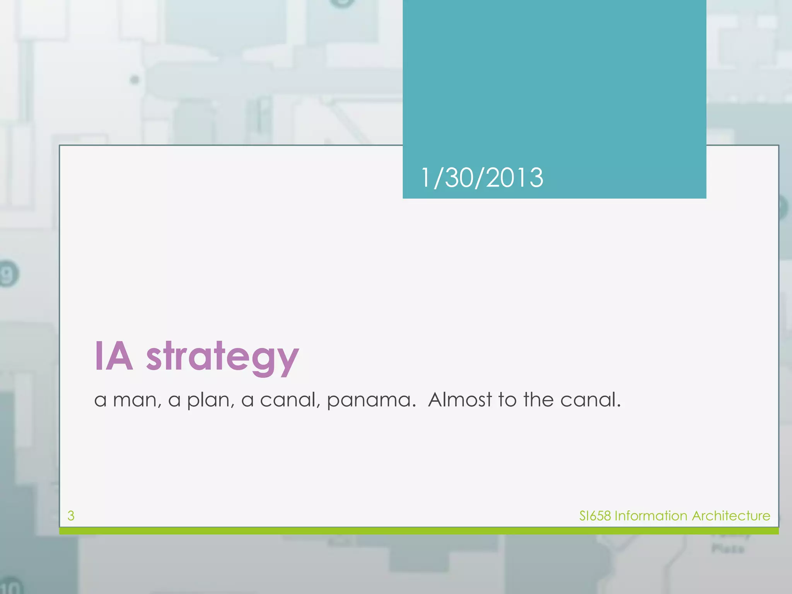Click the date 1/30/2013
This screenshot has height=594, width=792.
[x=481, y=178]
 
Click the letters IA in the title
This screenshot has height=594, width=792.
[x=114, y=357]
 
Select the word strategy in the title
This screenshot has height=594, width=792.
[x=222, y=358]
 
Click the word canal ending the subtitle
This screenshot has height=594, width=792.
[x=590, y=399]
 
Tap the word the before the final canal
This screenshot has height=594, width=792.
[x=539, y=399]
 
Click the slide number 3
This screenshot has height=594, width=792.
[x=71, y=515]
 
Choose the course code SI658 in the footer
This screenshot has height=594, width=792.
[x=595, y=515]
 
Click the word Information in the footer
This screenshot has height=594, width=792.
[x=651, y=515]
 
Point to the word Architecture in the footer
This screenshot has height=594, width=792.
[x=731, y=515]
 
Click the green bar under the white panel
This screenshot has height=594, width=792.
[x=419, y=531]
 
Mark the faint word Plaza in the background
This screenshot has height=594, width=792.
[x=728, y=549]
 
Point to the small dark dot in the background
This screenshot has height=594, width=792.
[x=135, y=80]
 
